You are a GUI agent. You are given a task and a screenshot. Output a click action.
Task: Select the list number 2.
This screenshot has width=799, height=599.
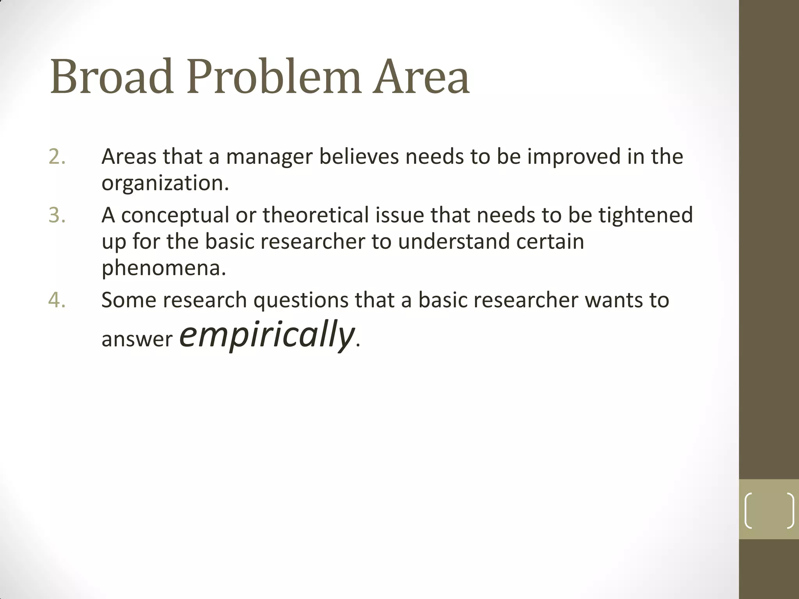click(x=57, y=157)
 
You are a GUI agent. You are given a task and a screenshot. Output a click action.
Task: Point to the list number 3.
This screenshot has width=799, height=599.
click(x=57, y=215)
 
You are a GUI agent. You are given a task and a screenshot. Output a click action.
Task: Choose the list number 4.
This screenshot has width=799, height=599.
click(x=57, y=300)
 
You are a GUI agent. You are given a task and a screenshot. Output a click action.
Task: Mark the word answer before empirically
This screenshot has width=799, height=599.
click(x=137, y=339)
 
